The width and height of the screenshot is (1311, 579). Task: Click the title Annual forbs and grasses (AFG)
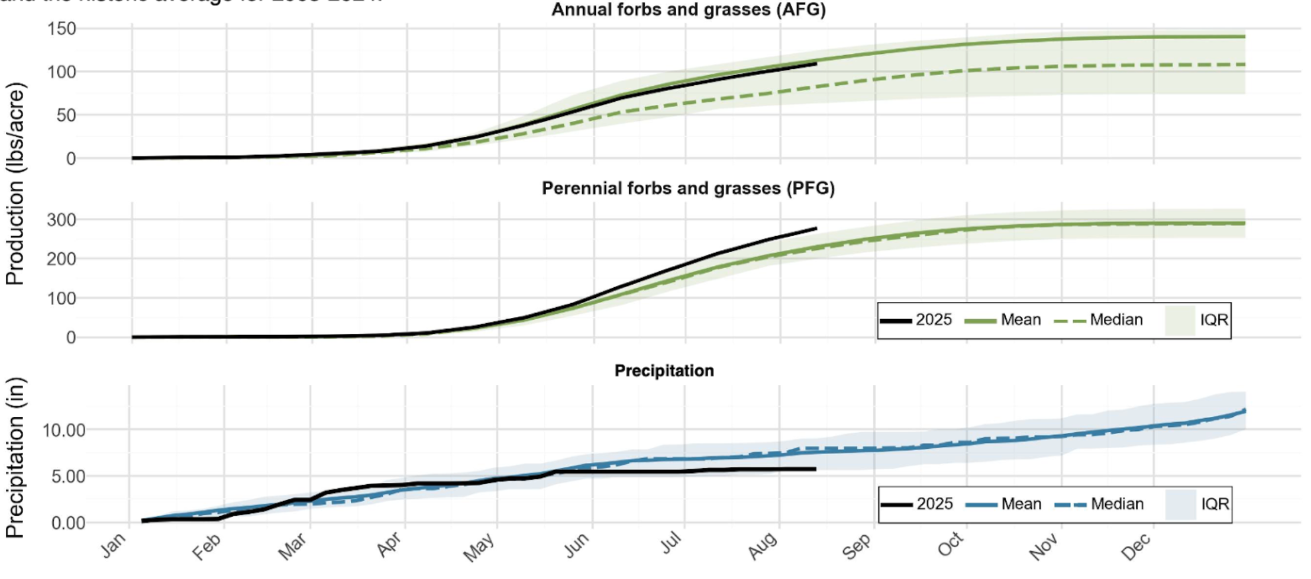pyautogui.click(x=688, y=10)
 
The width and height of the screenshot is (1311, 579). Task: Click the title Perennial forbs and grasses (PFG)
pyautogui.click(x=688, y=188)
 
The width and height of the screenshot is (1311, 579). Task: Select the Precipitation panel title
pyautogui.click(x=664, y=371)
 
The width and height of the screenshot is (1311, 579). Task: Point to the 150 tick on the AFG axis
pyautogui.click(x=62, y=28)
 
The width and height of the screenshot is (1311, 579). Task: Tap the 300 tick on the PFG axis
pyautogui.click(x=62, y=220)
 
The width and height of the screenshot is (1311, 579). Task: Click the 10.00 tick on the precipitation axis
pyautogui.click(x=63, y=430)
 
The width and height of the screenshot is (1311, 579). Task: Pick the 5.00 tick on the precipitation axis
pyautogui.click(x=68, y=476)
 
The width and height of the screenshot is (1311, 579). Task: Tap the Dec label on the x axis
pyautogui.click(x=1136, y=546)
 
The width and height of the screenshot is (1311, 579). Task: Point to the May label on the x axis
pyautogui.click(x=479, y=546)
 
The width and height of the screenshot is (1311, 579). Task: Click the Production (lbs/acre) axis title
pyautogui.click(x=15, y=184)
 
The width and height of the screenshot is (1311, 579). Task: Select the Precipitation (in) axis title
pyautogui.click(x=15, y=457)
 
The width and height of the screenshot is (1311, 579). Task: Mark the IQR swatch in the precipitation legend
pyautogui.click(x=1180, y=504)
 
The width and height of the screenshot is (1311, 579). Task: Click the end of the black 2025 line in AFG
pyautogui.click(x=816, y=63)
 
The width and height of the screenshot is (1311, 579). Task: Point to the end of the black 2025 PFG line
pyautogui.click(x=816, y=228)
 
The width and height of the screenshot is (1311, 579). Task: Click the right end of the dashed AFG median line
pyautogui.click(x=1244, y=65)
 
